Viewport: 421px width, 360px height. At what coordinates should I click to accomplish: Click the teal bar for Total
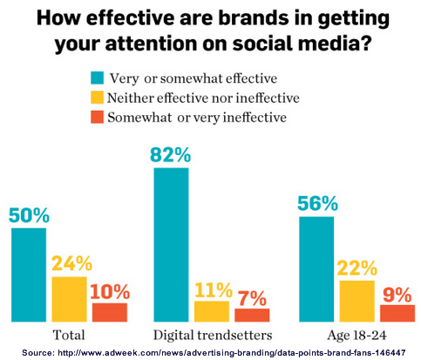[29, 275]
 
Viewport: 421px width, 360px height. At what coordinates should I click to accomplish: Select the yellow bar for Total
[69, 299]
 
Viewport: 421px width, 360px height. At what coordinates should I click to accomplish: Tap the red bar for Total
[110, 312]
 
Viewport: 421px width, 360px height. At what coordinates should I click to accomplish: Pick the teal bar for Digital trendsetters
[171, 245]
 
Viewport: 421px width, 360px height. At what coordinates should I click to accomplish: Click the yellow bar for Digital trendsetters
[212, 311]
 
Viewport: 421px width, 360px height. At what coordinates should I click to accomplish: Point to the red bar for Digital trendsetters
[252, 316]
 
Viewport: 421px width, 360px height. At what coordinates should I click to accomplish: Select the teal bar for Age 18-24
[316, 269]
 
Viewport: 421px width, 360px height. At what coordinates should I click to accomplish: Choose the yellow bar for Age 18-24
[357, 301]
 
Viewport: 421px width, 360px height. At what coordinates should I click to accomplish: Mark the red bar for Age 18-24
[397, 313]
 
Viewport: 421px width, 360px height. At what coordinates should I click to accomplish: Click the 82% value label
[171, 155]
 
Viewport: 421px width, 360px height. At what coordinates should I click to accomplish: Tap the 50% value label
[29, 215]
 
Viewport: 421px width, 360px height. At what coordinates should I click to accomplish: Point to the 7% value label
[252, 298]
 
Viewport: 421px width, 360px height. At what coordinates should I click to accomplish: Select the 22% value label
[357, 268]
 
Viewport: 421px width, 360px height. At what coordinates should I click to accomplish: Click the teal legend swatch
[97, 78]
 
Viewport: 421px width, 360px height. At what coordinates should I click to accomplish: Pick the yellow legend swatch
[97, 98]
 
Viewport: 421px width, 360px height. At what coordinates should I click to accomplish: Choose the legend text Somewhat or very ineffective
[197, 118]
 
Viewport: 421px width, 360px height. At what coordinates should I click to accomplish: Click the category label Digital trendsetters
[213, 335]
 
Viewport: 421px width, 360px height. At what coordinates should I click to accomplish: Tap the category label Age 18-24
[357, 336]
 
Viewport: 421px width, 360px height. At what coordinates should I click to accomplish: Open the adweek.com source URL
[232, 353]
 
